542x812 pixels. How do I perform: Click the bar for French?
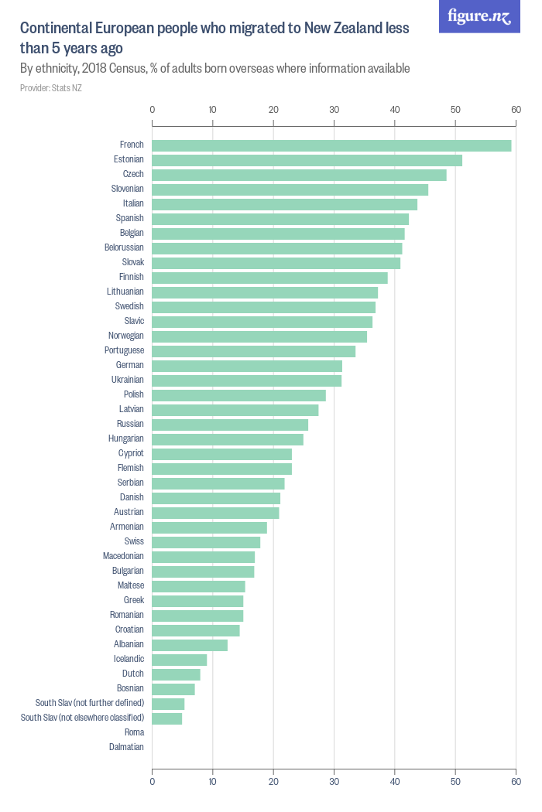[x=331, y=145]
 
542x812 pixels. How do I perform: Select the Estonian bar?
[x=307, y=160]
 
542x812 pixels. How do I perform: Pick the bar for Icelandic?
[x=180, y=659]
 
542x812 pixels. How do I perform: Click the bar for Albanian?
[x=190, y=644]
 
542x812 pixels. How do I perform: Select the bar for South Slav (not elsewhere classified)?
[x=167, y=718]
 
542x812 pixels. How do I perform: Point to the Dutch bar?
[x=176, y=674]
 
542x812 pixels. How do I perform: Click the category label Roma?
[x=134, y=732]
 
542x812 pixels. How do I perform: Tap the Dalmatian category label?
[x=127, y=747]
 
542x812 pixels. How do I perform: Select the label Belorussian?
[x=124, y=247]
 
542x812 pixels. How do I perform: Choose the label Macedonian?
[x=123, y=556]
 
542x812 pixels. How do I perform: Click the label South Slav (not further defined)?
[x=90, y=703]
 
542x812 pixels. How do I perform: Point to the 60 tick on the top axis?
[x=516, y=109]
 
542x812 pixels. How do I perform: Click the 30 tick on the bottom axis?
[x=334, y=783]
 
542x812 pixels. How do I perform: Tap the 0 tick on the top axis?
[x=152, y=109]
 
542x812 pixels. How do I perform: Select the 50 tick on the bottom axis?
[x=455, y=783]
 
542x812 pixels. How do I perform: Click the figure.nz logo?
[x=479, y=16]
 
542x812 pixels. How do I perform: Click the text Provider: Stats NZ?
[x=51, y=88]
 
